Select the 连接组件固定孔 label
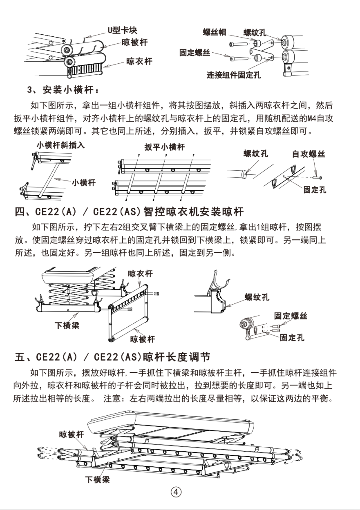[233, 75]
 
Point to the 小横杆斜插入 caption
[60, 145]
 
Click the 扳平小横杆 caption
[164, 147]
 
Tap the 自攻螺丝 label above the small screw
[309, 154]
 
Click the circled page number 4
[176, 492]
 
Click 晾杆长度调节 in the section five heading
[177, 357]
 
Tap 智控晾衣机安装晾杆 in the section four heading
[194, 212]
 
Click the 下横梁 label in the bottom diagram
[97, 479]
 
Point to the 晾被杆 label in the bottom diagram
[71, 435]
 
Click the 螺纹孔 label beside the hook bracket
[257, 297]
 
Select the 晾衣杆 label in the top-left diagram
[139, 61]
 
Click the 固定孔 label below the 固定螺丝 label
[292, 338]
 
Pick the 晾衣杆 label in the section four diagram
[140, 274]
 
